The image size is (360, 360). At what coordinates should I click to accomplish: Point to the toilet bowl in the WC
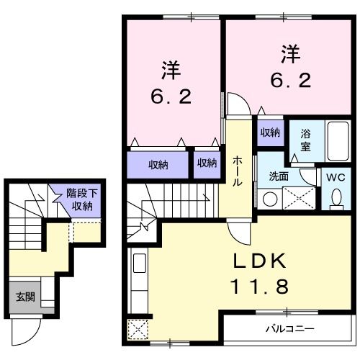pos(336,197)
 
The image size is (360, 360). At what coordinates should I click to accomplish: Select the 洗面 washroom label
pos(279,176)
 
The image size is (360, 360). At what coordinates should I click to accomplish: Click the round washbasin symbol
pos(269,197)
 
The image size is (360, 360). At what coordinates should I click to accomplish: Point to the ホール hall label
pos(237,173)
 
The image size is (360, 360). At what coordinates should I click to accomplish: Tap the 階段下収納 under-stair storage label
pos(79,199)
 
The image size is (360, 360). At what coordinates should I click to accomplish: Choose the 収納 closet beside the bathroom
pos(270,132)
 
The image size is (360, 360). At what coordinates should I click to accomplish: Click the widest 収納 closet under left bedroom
pos(158,164)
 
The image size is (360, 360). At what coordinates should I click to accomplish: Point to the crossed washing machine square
pos(297,197)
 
